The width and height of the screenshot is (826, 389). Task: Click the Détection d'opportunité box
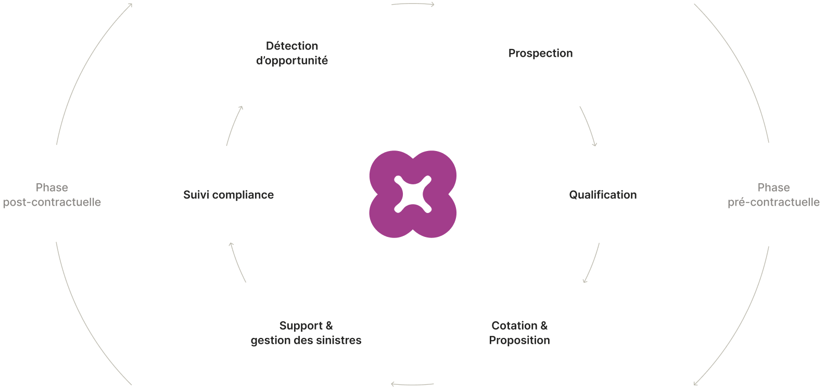(292, 53)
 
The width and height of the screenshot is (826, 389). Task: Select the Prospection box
(540, 53)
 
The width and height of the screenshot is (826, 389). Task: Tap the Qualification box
(603, 194)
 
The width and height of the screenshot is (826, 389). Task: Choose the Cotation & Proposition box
(519, 333)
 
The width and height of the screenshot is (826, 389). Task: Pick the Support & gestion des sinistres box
(306, 333)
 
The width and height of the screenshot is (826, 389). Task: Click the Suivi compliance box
(228, 194)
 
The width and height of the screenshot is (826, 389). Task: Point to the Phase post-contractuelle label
(52, 195)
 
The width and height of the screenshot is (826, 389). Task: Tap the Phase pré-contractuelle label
(773, 195)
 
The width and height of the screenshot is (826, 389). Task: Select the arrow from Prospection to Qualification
(589, 127)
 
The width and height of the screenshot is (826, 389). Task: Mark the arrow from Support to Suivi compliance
(237, 262)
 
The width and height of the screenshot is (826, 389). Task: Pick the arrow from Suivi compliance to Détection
(234, 126)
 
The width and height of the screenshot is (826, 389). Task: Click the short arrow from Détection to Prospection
(413, 4)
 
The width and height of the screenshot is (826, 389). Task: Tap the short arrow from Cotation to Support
(412, 385)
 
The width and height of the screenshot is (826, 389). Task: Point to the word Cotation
(514, 325)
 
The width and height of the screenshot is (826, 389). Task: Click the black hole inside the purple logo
(413, 194)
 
